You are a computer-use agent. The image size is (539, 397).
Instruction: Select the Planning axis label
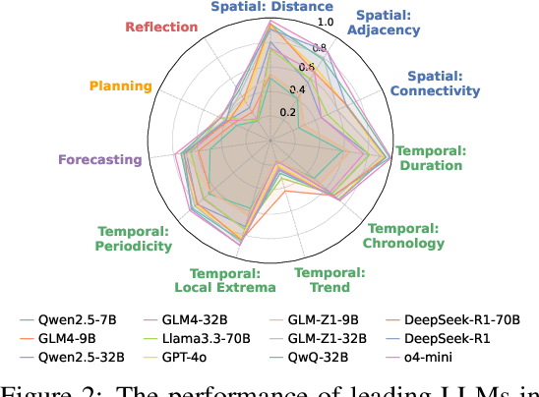click(120, 85)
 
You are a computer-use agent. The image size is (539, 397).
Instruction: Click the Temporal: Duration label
click(429, 158)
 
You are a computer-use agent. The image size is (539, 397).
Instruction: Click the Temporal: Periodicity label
click(134, 238)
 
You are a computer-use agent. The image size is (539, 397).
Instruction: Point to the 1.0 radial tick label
click(326, 22)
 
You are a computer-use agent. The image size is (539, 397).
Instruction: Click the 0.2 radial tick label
click(287, 111)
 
